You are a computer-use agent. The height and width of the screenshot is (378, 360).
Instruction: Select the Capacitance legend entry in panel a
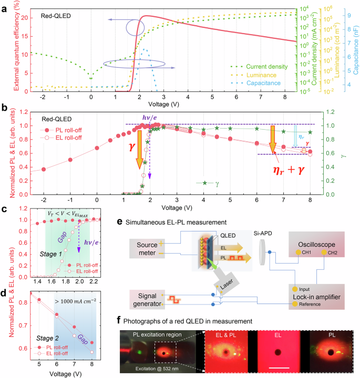pos(263,83)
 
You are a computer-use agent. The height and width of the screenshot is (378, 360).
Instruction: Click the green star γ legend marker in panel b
pos(205,183)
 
